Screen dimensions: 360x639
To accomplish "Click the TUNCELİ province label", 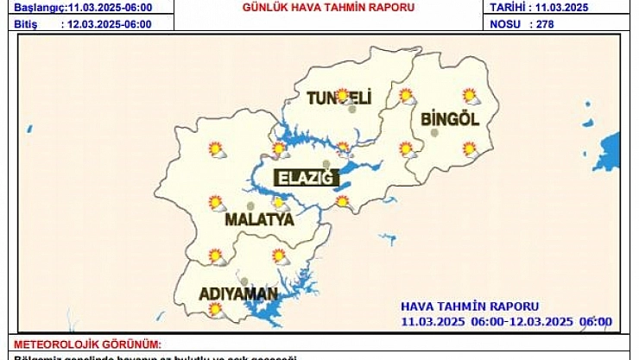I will click(x=338, y=99).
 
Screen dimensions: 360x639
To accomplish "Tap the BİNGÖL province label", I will click(x=449, y=120).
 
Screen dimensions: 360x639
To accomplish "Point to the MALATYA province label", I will click(x=259, y=220).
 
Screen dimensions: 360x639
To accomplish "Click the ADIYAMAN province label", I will click(x=238, y=294).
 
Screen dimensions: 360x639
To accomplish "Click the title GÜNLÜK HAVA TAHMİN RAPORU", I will click(x=327, y=8).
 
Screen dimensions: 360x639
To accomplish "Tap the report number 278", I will click(x=544, y=24).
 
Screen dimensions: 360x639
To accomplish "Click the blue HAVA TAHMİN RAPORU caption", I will click(x=470, y=306).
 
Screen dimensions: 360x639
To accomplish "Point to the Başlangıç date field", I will click(x=82, y=8).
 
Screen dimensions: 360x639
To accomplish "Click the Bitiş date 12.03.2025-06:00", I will click(x=109, y=24).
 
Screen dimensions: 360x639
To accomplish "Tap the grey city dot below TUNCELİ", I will click(x=352, y=110).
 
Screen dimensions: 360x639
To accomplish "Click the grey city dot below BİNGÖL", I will click(x=435, y=133).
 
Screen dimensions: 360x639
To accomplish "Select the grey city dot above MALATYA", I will click(x=250, y=206).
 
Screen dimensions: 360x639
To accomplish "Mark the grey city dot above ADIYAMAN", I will click(x=244, y=281).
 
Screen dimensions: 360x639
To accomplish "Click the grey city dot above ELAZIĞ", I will click(x=326, y=164).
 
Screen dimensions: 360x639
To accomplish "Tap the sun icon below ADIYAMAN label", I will click(x=215, y=309).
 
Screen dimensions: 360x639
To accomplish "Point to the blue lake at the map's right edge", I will click(x=611, y=150).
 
